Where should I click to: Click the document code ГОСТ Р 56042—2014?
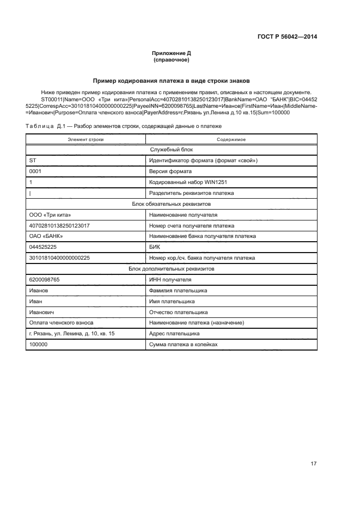(287, 37)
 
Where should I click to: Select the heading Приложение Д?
(172, 53)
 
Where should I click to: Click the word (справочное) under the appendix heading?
(172, 60)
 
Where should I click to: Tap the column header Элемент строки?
(86, 140)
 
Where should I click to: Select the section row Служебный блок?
(172, 150)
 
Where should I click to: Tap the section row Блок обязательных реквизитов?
(172, 204)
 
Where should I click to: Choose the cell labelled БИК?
(155, 247)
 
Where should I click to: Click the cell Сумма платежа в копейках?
(184, 345)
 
